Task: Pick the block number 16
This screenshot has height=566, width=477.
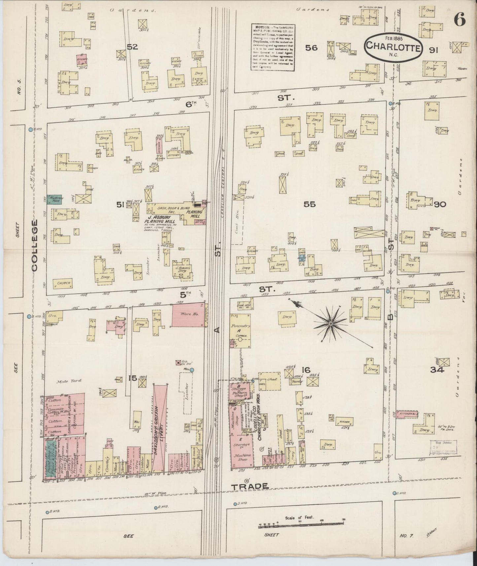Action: point(306,370)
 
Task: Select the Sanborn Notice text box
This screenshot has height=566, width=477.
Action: point(272,46)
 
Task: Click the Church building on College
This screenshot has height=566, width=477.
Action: point(63,283)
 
